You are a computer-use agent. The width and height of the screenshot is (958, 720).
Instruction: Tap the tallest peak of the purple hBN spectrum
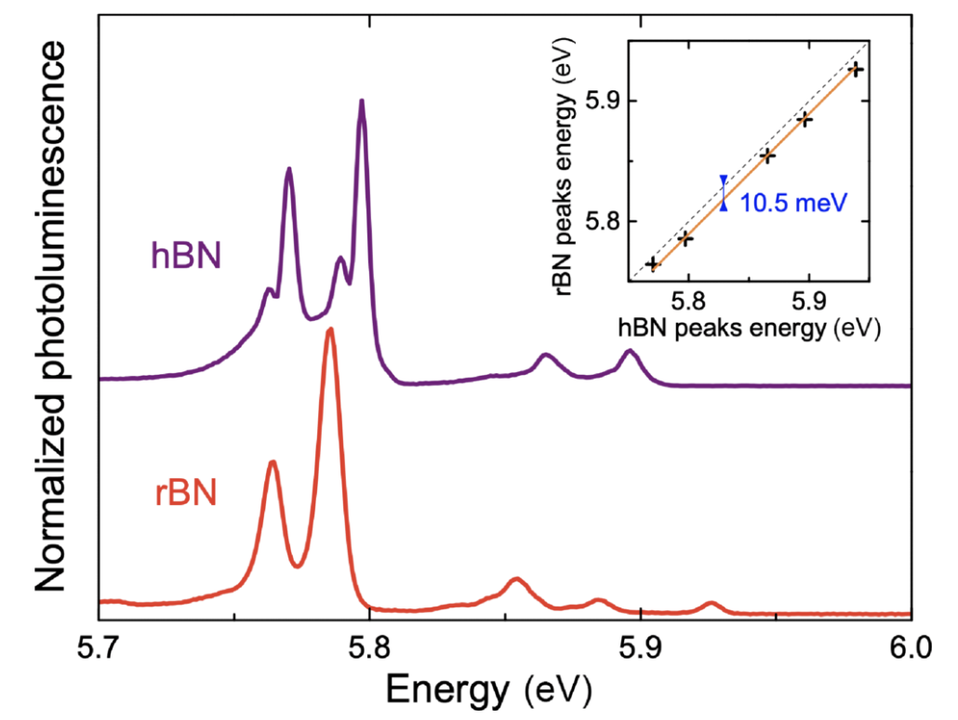coord(362,101)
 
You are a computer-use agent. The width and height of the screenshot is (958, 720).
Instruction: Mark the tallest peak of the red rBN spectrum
coord(329,331)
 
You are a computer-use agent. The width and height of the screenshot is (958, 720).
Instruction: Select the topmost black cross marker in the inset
coord(857,70)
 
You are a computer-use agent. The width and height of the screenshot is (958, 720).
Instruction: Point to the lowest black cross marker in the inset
coord(652,264)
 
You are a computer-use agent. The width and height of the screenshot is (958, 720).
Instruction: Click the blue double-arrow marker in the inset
coord(724,193)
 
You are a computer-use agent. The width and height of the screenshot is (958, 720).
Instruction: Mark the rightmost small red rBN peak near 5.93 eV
coord(712,605)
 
